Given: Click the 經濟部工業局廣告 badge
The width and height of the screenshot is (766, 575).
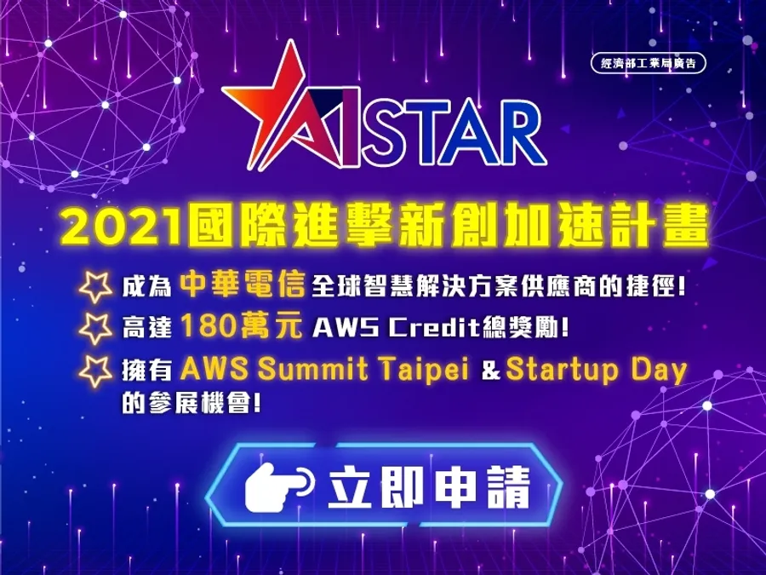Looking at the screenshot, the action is click(649, 63).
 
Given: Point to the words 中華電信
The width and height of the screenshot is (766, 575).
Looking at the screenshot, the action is click(243, 285).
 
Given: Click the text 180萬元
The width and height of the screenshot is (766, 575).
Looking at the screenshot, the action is click(242, 326).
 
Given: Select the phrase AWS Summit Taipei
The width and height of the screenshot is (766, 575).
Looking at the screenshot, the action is click(324, 369).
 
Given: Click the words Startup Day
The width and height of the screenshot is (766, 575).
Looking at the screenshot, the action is click(597, 371).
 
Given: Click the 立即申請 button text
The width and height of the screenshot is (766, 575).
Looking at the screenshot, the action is click(429, 487).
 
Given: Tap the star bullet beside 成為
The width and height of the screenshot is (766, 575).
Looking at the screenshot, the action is click(95, 286).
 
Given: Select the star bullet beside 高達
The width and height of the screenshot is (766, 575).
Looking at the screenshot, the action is click(95, 328).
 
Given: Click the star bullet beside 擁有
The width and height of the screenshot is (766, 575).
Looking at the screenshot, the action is click(95, 371).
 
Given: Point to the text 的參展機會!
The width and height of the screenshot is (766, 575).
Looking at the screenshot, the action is click(191, 404).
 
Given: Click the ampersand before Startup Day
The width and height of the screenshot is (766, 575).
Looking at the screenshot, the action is click(491, 371).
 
